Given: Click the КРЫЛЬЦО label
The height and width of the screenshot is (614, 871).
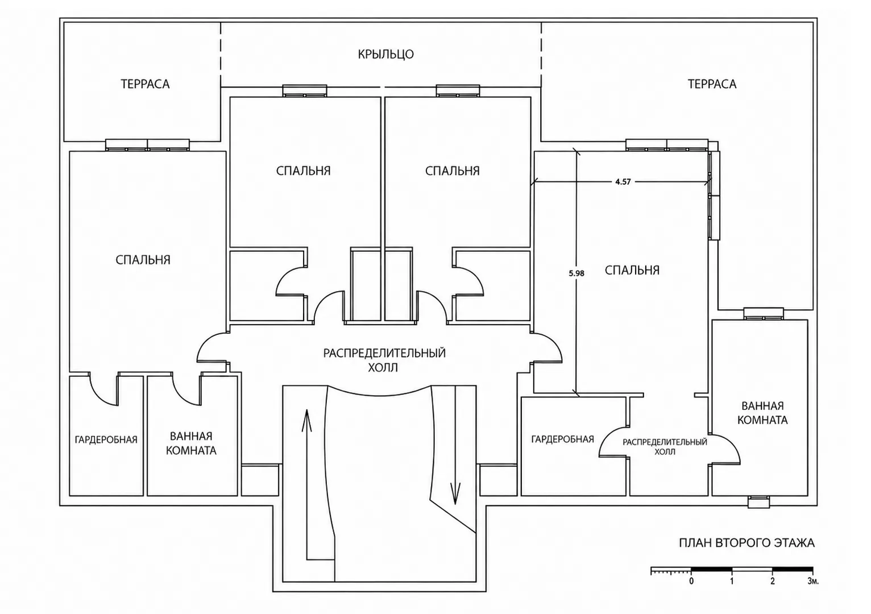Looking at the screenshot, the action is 385,54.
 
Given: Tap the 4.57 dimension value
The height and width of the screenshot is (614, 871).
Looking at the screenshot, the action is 623,181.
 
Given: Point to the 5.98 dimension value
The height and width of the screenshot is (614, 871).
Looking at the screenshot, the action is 576,273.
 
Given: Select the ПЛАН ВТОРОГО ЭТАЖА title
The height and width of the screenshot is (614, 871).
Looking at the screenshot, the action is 746,543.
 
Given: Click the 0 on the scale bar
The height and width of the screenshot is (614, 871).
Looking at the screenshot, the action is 691,582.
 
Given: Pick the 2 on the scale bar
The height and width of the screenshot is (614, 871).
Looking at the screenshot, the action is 773,582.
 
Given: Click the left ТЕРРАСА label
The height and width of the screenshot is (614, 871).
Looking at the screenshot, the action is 145,84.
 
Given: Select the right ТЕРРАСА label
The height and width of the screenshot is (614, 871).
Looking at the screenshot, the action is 712,84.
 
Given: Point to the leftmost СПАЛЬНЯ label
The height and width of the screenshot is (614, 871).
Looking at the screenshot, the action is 143,260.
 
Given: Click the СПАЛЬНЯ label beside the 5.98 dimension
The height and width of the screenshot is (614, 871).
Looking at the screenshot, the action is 632,270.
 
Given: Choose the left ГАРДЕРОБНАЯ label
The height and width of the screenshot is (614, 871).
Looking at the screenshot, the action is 106,439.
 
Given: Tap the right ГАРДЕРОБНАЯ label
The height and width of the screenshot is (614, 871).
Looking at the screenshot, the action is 563,439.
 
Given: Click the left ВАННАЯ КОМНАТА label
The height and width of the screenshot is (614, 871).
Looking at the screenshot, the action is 191,443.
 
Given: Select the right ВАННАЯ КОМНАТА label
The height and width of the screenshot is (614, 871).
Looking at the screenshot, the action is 762,413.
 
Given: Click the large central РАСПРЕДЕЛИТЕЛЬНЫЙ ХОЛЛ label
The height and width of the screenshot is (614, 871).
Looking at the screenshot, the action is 384,360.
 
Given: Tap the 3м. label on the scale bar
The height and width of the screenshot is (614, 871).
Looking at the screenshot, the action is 813,582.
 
